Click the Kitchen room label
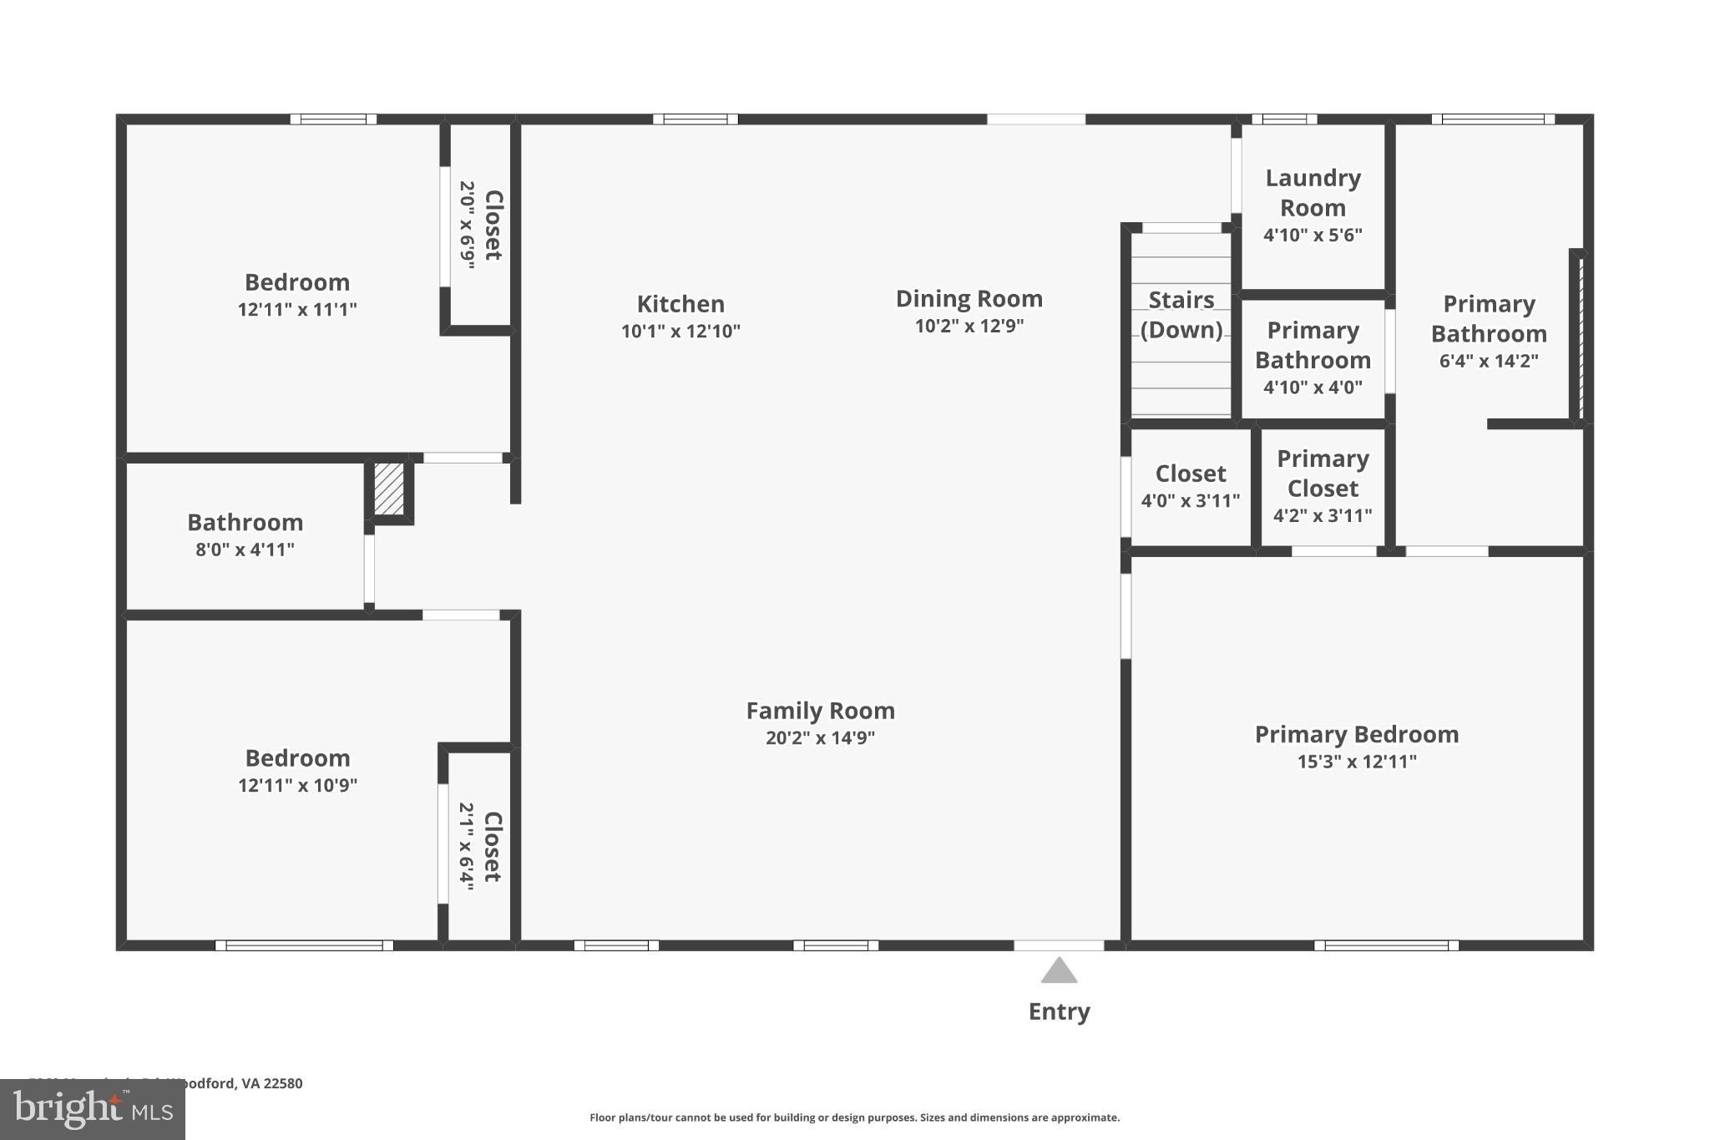680,304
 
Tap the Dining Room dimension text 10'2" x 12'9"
969,326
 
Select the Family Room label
820,711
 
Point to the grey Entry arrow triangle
1059,971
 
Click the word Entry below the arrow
1059,1011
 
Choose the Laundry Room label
1313,193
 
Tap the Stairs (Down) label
1181,315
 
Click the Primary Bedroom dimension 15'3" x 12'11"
1356,762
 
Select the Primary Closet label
1323,474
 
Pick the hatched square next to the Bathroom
389,489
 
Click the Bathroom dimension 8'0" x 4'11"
245,550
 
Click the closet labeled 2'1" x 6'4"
479,846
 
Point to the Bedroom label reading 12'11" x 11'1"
297,282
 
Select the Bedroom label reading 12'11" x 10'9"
297,758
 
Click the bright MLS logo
92,1109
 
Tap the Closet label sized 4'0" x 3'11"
1190,474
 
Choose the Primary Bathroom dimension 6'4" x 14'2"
1488,361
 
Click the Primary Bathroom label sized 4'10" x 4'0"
1313,346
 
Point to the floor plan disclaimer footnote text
854,1117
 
